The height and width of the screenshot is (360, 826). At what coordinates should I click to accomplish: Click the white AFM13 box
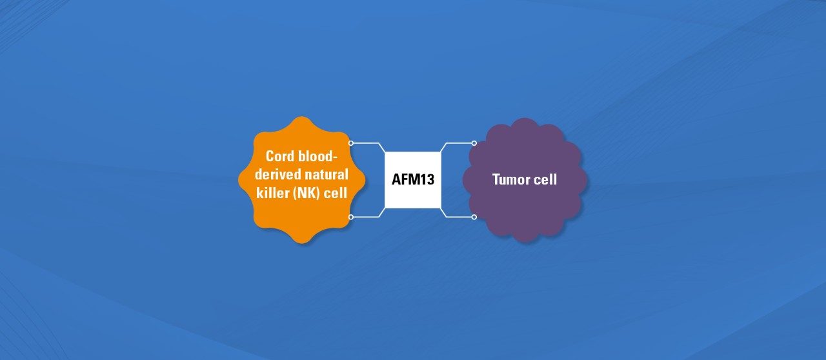point(412,179)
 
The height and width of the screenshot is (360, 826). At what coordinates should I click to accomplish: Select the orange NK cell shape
point(301,180)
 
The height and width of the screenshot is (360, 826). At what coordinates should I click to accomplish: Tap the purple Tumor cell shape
point(525,180)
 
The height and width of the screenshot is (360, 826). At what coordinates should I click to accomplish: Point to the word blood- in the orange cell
point(317,156)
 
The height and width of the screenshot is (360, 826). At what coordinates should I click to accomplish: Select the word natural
point(327,174)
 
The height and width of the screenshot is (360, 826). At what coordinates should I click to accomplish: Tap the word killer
point(272,192)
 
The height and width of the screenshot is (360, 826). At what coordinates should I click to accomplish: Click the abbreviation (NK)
point(306,193)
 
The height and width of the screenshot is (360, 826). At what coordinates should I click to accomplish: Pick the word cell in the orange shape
point(335,192)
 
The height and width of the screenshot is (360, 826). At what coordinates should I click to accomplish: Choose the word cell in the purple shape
point(545,179)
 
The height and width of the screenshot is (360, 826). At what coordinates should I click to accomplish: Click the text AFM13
point(413,179)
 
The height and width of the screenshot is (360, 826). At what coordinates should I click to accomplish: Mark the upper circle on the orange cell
point(350,143)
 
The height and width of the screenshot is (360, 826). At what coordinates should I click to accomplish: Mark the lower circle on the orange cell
point(350,217)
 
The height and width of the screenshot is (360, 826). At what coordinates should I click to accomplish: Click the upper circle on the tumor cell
point(474,143)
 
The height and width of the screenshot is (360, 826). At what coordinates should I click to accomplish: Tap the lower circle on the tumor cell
point(474,217)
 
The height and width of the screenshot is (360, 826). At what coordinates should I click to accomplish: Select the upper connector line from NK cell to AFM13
point(368,143)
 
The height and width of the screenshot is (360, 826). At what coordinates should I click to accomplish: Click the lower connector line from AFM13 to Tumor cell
point(456,217)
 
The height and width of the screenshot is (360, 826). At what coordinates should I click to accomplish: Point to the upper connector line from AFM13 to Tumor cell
point(456,143)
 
